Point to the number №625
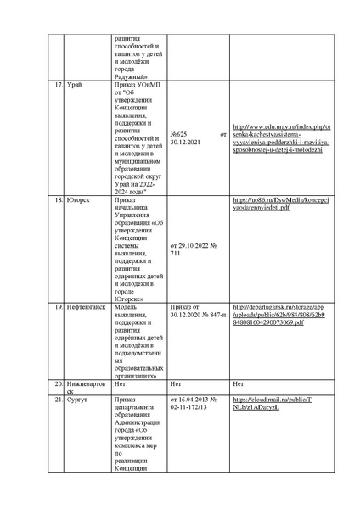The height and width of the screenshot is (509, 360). tap(179, 135)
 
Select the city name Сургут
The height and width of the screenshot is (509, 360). tap(77, 398)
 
